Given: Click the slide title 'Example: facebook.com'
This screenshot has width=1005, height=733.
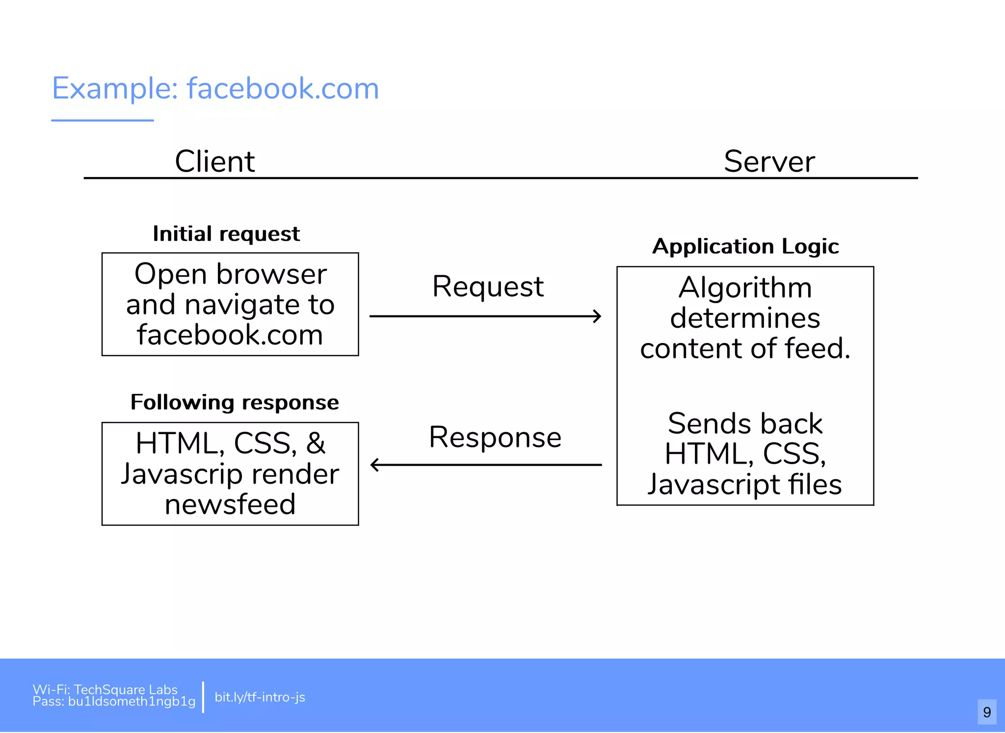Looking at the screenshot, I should click(x=215, y=89).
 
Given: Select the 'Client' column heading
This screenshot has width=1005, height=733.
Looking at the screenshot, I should click(x=215, y=161).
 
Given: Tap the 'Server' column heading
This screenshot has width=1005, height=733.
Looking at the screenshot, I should click(x=769, y=161).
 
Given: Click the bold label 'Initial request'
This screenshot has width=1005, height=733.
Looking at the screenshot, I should click(x=226, y=234).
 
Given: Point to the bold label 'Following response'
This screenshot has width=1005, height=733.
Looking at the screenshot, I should click(x=235, y=402).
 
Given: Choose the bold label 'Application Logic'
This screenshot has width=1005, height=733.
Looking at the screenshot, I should click(x=745, y=246).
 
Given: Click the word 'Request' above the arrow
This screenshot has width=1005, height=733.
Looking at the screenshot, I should click(x=488, y=287).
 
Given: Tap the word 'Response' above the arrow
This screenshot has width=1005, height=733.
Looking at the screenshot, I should click(x=495, y=437).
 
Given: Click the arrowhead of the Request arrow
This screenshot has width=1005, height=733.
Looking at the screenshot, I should click(x=597, y=316).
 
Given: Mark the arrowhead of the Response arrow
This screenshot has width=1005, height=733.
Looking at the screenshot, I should click(x=375, y=465).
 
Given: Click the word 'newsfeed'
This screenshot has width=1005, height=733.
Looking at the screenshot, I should click(x=230, y=504).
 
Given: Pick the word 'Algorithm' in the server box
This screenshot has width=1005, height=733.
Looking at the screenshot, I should click(x=745, y=288).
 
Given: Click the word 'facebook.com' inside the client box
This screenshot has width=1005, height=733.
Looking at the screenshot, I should click(x=230, y=335).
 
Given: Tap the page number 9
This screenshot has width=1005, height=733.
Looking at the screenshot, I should click(x=987, y=712).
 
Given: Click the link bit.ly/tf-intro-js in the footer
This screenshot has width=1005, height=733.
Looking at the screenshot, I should click(x=260, y=697).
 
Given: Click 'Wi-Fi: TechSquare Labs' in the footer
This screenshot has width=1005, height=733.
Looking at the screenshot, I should click(x=105, y=689).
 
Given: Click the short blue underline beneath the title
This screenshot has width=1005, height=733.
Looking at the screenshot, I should click(x=103, y=120).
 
